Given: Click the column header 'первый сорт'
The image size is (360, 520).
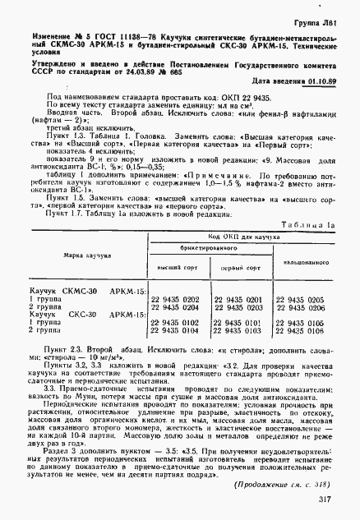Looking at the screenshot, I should coord(241,269).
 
